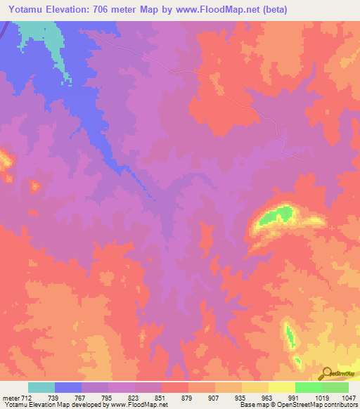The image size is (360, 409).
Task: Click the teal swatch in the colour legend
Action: [41, 387]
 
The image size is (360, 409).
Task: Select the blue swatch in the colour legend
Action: [68, 387]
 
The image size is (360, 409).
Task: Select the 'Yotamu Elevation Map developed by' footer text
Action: [46, 405]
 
